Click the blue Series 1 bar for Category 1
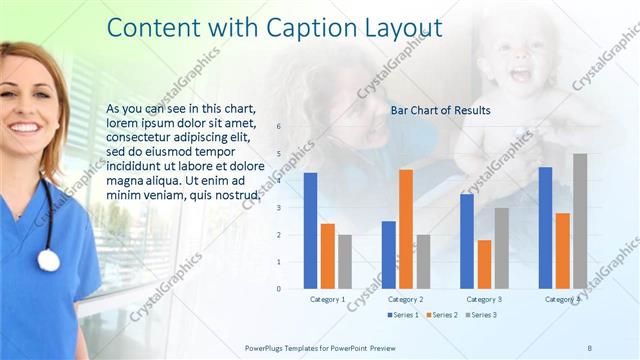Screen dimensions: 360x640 310,231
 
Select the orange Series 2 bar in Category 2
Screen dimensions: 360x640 405,229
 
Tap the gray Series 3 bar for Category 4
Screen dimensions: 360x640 580,221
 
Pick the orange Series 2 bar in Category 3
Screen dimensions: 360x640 484,264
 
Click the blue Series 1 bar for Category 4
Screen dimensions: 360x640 545,228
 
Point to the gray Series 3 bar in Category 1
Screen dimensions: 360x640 344,262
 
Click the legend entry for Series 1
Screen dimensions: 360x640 403,315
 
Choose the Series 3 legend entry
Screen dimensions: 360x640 481,315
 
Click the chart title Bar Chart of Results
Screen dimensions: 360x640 440,111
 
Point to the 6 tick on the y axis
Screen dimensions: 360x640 278,126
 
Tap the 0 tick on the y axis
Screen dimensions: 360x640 278,289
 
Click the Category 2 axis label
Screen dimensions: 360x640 405,299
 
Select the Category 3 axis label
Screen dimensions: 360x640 484,299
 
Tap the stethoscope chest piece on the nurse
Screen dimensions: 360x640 48,260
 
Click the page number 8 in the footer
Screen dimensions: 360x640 590,346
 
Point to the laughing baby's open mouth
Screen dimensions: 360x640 520,73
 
